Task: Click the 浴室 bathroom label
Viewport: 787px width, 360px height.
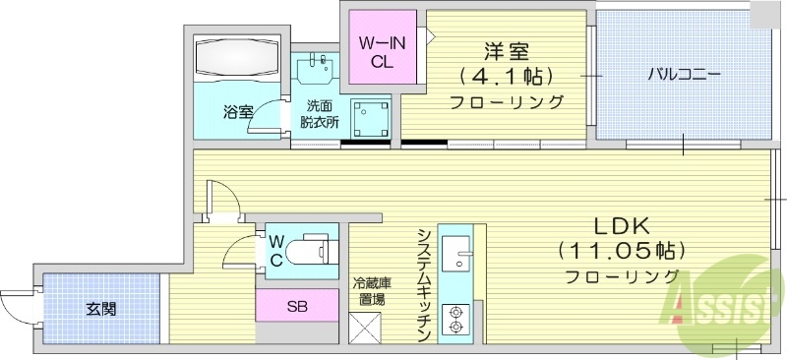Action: (x=238, y=110)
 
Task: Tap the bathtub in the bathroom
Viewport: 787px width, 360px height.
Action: (x=238, y=60)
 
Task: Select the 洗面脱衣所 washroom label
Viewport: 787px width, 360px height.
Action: (x=320, y=113)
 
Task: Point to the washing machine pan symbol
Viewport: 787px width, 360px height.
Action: (x=370, y=119)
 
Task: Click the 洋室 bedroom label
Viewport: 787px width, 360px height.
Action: (x=506, y=48)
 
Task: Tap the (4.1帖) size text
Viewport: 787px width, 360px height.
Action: (x=506, y=75)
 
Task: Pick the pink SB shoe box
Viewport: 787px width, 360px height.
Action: (x=297, y=306)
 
